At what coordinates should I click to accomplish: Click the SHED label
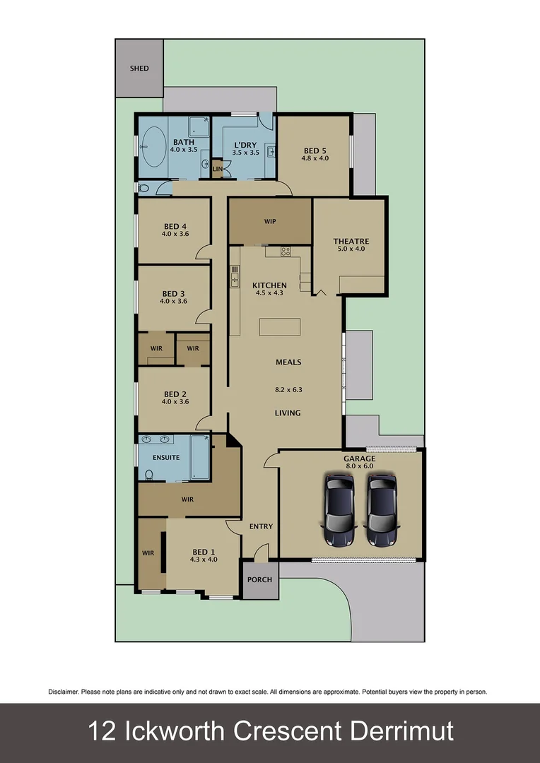139,69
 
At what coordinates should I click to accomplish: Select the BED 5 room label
315,150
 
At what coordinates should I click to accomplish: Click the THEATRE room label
351,242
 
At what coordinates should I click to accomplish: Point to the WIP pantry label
270,221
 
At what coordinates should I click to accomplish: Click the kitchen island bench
280,327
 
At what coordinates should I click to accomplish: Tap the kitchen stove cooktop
286,251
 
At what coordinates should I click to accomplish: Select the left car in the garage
340,509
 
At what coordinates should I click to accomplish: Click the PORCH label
259,579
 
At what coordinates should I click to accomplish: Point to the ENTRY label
261,526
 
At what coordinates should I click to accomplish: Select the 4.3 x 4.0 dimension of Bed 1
204,560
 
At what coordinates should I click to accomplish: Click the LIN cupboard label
218,170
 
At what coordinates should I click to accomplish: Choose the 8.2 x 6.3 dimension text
288,389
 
